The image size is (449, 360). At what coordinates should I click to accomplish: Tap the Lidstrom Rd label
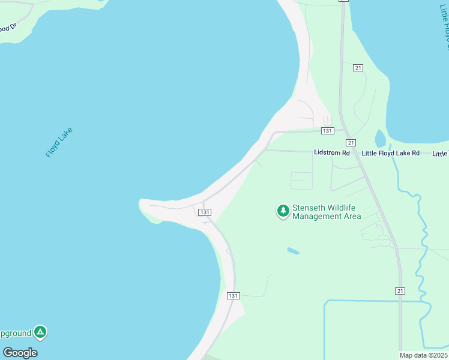(x=331, y=153)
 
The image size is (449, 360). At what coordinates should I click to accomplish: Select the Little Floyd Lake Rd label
(x=390, y=153)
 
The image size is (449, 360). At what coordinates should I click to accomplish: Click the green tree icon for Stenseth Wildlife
(x=283, y=211)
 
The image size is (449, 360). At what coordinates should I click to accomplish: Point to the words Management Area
(x=327, y=216)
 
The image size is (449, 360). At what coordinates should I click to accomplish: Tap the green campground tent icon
(x=40, y=331)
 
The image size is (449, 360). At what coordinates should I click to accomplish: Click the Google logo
(x=20, y=353)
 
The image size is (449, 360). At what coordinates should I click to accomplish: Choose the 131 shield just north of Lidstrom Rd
(x=327, y=131)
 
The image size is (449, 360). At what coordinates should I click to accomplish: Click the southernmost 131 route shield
(x=234, y=296)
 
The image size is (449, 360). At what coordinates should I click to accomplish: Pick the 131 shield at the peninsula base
(x=205, y=212)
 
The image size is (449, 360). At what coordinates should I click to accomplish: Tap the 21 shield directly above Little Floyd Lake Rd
(x=351, y=143)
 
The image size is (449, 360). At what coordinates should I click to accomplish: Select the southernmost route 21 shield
(x=400, y=291)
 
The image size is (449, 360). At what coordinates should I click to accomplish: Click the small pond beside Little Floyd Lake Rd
(x=380, y=139)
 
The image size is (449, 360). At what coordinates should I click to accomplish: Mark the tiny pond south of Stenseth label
(x=293, y=251)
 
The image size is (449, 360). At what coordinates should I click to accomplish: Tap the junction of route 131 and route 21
(x=343, y=129)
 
